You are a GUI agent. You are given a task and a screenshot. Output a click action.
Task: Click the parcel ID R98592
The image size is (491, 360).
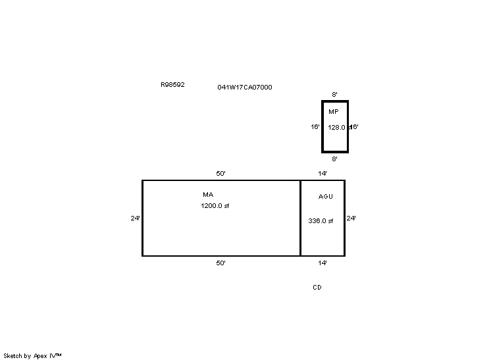click(172, 84)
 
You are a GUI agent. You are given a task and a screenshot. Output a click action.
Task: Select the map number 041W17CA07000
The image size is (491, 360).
click(245, 88)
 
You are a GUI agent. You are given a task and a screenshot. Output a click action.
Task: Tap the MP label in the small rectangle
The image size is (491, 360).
click(334, 111)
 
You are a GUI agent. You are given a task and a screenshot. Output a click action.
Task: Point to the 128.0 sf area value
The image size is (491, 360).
click(339, 128)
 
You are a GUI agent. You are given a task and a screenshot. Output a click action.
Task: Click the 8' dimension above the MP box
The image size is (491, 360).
click(335, 94)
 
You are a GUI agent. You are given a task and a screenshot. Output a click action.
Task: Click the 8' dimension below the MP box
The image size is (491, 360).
click(335, 159)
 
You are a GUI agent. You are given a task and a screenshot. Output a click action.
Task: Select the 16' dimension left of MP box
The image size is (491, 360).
click(315, 127)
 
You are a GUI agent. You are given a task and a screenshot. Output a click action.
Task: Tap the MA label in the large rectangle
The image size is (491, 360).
click(208, 194)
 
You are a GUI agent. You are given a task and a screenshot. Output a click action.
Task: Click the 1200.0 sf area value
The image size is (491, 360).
click(215, 206)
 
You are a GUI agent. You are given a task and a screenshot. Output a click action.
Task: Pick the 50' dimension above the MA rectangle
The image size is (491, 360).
click(220, 174)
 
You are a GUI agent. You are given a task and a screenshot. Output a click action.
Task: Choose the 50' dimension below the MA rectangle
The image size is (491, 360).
click(220, 263)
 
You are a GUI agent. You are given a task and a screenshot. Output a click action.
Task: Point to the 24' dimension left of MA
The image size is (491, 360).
click(135, 219)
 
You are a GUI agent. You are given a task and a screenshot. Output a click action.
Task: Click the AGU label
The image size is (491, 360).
click(326, 196)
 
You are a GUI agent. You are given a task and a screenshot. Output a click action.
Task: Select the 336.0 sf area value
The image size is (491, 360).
click(321, 220)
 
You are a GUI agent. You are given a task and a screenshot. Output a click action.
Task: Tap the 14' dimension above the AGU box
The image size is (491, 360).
click(323, 174)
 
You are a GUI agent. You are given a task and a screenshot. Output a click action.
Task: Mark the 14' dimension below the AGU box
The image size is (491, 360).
click(323, 263)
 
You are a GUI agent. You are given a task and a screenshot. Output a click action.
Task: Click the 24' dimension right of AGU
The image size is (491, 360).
click(351, 219)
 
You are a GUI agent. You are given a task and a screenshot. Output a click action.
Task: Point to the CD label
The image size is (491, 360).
click(317, 288)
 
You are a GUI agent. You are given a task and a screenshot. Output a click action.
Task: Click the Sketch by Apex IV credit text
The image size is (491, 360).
click(32, 356)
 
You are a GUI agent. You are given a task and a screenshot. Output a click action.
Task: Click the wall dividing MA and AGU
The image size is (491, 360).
click(301, 219)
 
